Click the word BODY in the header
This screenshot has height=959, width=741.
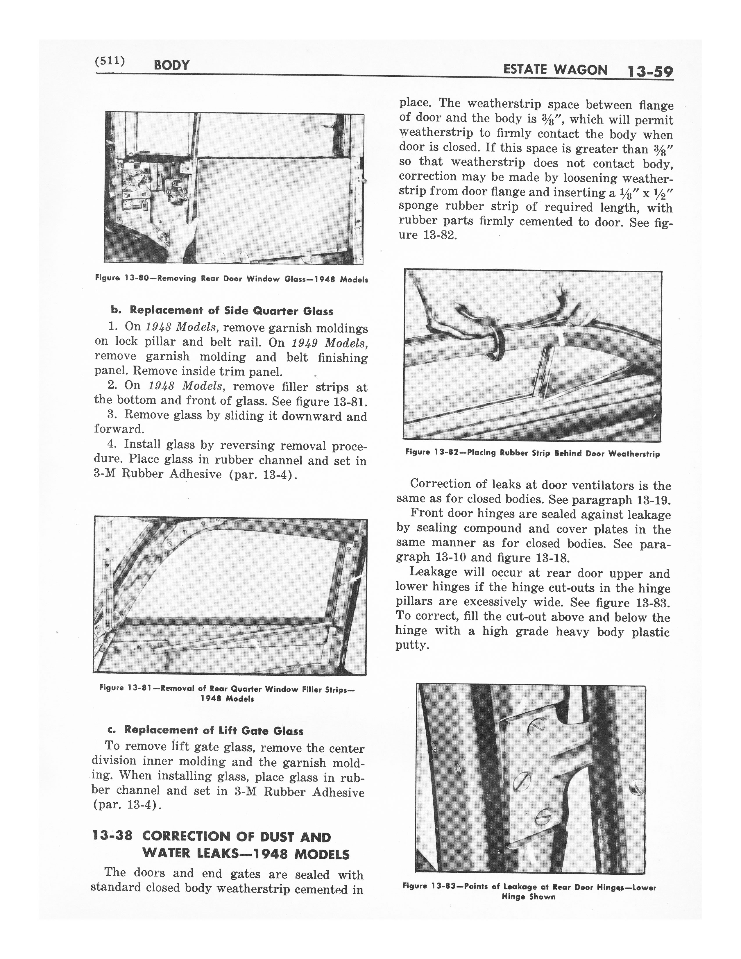172,65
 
